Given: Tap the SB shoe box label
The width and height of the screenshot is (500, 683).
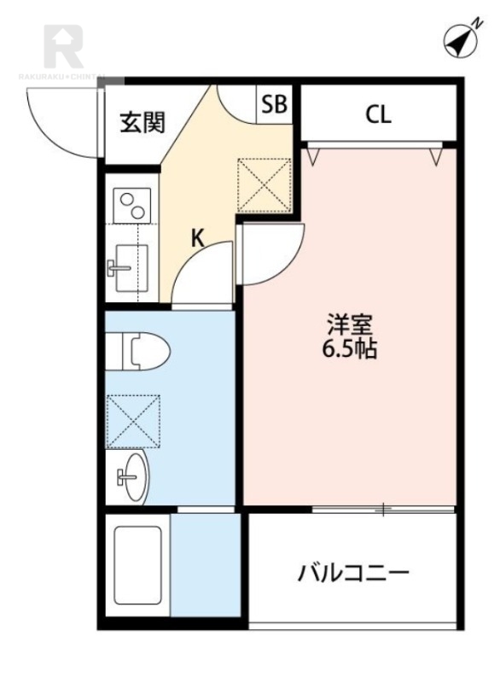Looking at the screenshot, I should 275,105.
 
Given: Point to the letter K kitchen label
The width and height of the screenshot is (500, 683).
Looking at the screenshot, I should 197,238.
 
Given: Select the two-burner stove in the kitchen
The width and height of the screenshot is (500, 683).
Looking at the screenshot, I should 132,206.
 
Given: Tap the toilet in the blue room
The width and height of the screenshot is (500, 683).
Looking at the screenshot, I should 145,350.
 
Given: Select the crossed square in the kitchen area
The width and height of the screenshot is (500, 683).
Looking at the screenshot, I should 264,184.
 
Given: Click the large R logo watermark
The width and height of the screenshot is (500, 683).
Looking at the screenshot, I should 62,48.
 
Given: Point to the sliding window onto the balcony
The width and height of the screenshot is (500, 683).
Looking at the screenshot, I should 383,510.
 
